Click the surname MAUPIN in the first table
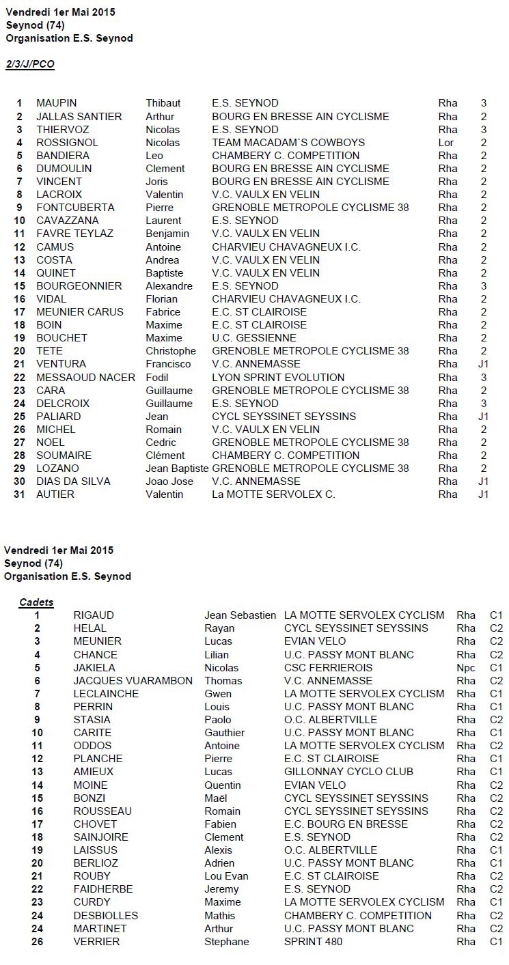pyautogui.click(x=55, y=103)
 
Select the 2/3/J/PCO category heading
pyautogui.click(x=30, y=64)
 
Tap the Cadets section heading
pyautogui.click(x=36, y=602)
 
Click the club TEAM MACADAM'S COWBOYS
pyautogui.click(x=288, y=143)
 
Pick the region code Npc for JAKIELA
pyautogui.click(x=466, y=668)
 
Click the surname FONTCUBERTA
pyautogui.click(x=75, y=208)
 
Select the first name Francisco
pyautogui.click(x=168, y=364)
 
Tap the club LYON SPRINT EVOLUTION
pyautogui.click(x=278, y=377)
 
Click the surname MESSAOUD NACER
pyautogui.click(x=85, y=377)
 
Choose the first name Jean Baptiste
pyautogui.click(x=177, y=468)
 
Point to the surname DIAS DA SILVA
pyautogui.click(x=73, y=481)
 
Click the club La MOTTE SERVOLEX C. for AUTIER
pyautogui.click(x=273, y=494)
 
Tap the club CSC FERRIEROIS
pyautogui.click(x=328, y=668)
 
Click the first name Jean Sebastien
pyautogui.click(x=240, y=615)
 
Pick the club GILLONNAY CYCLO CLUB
pyautogui.click(x=348, y=772)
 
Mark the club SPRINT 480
pyautogui.click(x=314, y=942)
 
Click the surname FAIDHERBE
pyautogui.click(x=103, y=889)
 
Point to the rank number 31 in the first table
pyautogui.click(x=19, y=494)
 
